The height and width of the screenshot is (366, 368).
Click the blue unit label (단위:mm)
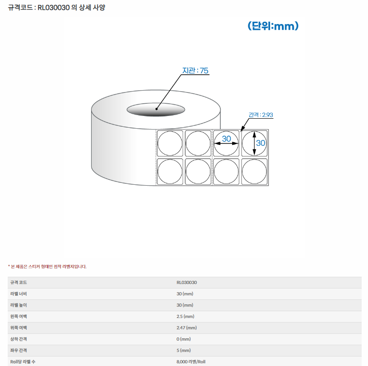[x=273, y=26]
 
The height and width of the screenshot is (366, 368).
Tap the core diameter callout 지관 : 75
[x=195, y=70]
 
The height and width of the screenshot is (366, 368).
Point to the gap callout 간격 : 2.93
[x=261, y=115]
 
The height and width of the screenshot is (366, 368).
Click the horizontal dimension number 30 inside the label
[x=227, y=139]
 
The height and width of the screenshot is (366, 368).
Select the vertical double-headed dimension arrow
[x=254, y=143]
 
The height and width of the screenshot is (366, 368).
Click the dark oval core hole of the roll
[x=156, y=110]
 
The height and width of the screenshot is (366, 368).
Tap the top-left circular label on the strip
[x=170, y=143]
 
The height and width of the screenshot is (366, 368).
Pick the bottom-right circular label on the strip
[x=254, y=172]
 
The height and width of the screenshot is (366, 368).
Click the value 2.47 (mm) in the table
[x=187, y=328]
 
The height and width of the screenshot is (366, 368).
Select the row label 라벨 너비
[x=19, y=294]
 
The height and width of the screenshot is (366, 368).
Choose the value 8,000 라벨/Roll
[x=191, y=362]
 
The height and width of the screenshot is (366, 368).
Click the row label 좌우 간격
[x=19, y=350]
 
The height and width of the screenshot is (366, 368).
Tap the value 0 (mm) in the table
[x=184, y=339]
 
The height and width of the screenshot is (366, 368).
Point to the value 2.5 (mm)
[x=185, y=317]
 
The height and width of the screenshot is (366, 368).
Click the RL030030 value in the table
[x=187, y=283]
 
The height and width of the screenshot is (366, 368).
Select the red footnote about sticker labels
[x=47, y=266]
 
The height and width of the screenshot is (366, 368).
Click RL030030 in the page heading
[x=53, y=8]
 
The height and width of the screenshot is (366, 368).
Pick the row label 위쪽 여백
[x=19, y=328]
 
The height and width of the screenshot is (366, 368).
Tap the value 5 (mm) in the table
[x=184, y=350]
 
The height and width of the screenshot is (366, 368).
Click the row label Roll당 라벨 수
[x=23, y=362]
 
